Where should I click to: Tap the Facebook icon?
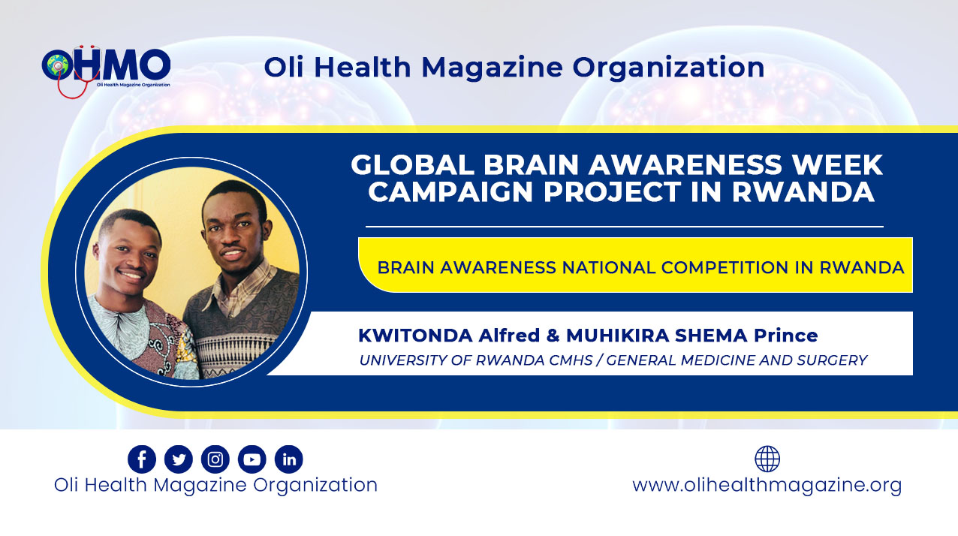point(142,459)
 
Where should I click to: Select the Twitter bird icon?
point(179,459)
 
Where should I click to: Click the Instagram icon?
point(215,459)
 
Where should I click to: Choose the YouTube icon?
point(252,459)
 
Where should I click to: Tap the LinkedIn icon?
point(289,459)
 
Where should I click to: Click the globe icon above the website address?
point(767,459)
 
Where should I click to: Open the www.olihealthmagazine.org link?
point(767,486)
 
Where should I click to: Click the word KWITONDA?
point(415,336)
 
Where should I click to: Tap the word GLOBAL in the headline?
point(412,164)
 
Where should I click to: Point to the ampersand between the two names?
point(553,336)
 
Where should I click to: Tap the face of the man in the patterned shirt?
point(128,259)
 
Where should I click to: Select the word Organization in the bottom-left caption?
point(315,486)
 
